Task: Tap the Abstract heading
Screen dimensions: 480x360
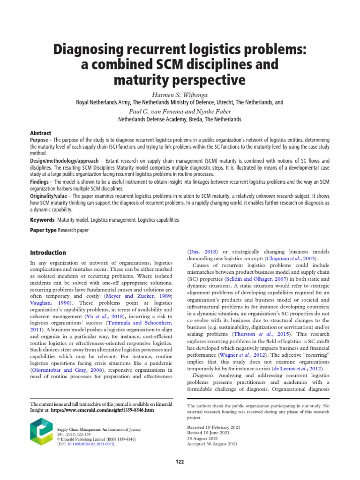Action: pos(40,133)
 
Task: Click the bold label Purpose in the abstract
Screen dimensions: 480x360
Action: pos(39,140)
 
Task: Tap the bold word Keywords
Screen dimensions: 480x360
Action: pos(42,219)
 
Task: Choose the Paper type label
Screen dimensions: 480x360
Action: pos(44,230)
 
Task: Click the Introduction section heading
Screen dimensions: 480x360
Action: pos(48,253)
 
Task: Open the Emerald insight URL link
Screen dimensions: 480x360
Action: pos(102,410)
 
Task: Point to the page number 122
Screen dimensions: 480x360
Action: pos(180,462)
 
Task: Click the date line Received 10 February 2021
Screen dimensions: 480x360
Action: pos(214,427)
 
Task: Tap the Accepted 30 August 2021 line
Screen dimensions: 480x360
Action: pos(212,443)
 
